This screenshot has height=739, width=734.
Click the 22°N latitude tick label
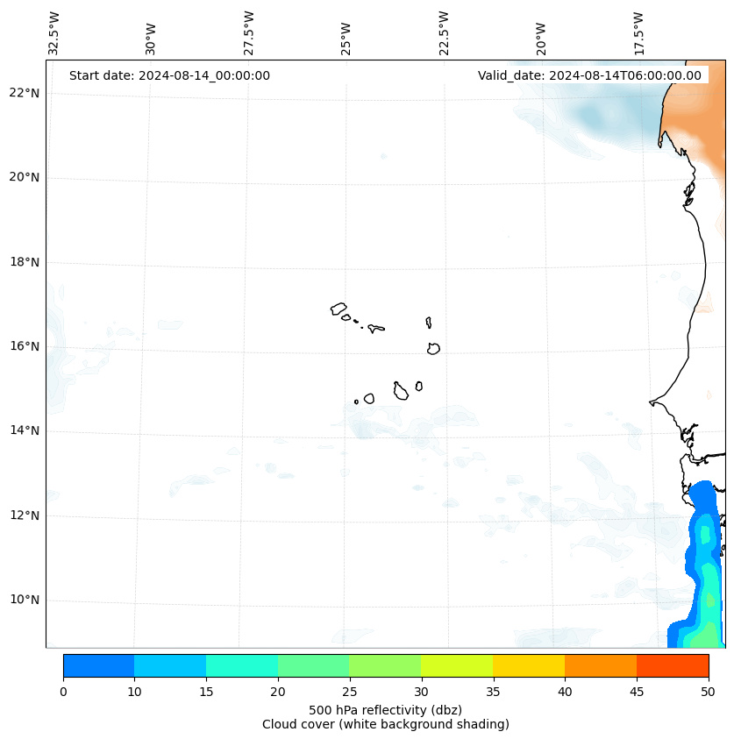24,92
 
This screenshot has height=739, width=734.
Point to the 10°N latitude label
24,599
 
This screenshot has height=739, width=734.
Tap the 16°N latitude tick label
24,346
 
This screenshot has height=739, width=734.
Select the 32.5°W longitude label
53,33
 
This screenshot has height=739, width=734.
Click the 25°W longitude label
346,39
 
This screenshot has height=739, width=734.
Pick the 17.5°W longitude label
638,33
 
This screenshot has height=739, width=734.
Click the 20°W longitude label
541,39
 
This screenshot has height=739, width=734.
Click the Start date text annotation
170,75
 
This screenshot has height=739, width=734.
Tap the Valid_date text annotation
589,75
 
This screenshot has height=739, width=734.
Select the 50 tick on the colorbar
708,692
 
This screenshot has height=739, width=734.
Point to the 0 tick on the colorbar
63,692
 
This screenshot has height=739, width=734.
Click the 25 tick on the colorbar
349,692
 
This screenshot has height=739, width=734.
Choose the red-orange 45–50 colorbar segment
673,665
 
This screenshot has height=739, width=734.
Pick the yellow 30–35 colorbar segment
457,665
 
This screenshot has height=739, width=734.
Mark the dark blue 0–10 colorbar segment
99,665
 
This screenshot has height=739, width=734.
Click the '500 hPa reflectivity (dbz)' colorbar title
386,710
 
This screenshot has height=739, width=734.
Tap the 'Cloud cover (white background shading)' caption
386,724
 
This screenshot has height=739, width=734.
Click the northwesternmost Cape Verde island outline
338,309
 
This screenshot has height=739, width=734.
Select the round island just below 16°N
434,349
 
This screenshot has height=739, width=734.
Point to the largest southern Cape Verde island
401,391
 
